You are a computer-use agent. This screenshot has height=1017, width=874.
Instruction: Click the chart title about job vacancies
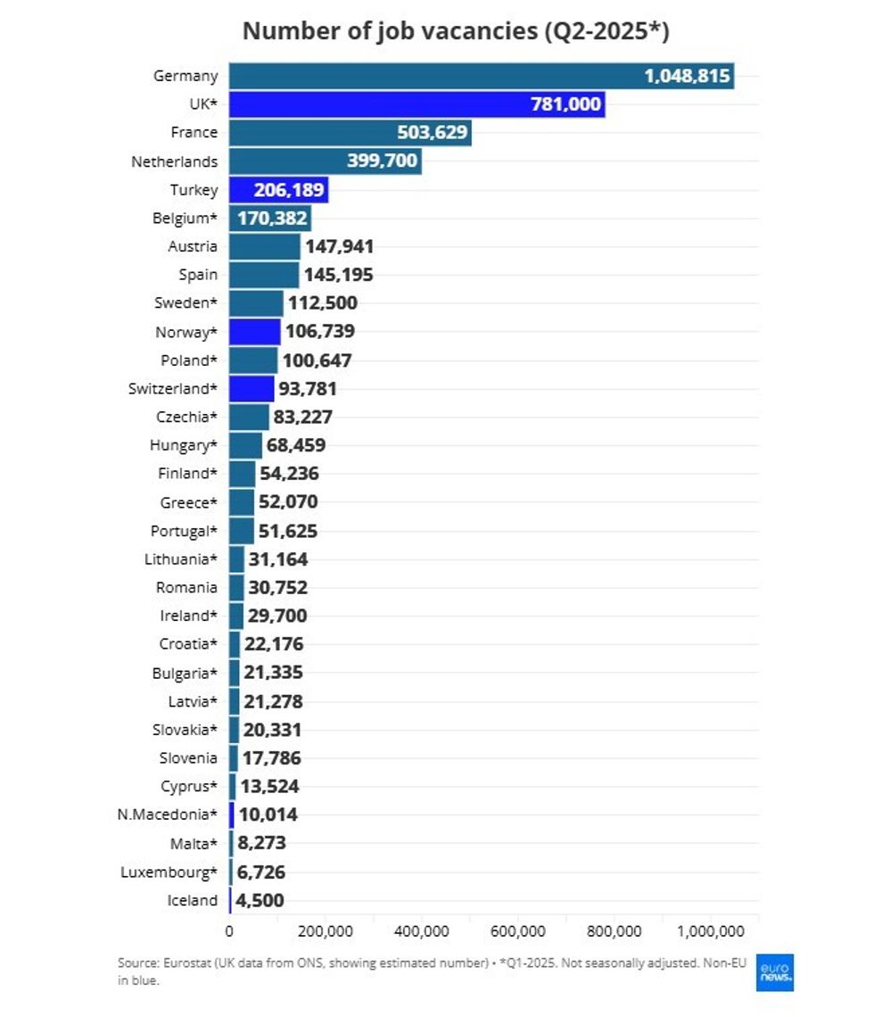(x=456, y=30)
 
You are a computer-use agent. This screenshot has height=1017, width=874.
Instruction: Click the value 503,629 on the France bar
(x=432, y=133)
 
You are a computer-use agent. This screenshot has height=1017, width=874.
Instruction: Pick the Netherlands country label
(x=174, y=161)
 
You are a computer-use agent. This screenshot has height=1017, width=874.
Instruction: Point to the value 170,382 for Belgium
(x=272, y=219)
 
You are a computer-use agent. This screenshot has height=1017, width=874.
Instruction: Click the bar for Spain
(x=264, y=275)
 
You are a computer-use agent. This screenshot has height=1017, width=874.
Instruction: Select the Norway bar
(x=255, y=332)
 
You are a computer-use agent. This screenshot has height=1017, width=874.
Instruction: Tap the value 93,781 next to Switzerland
(x=308, y=389)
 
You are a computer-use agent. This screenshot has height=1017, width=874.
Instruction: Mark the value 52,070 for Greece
(x=288, y=502)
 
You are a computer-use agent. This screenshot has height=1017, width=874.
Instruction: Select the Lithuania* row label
(x=181, y=559)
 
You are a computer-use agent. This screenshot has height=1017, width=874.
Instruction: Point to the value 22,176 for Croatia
(x=274, y=644)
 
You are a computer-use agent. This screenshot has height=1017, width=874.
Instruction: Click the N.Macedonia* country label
(x=167, y=814)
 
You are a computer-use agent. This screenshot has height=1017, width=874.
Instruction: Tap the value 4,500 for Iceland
(x=260, y=900)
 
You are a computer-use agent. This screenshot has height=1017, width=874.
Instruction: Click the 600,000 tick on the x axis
(x=518, y=931)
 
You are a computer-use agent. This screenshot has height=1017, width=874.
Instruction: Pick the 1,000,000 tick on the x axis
(x=711, y=931)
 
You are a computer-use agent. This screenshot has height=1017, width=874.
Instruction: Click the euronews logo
(x=774, y=972)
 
